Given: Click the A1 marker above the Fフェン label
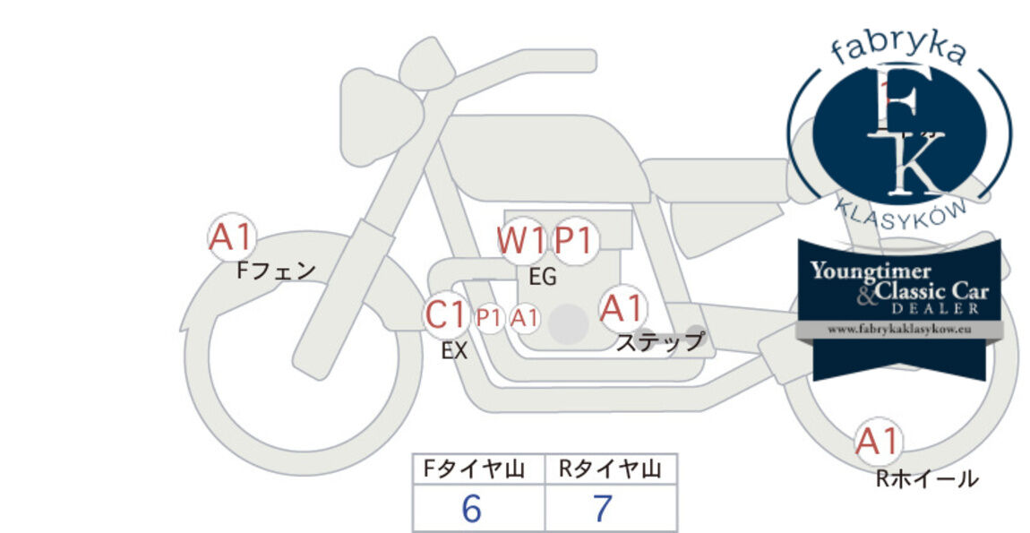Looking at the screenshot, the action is coord(230,237).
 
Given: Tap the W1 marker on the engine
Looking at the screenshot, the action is coord(521,241).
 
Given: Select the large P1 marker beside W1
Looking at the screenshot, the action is coord(574,241).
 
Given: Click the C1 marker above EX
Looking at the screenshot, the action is coord(446,314).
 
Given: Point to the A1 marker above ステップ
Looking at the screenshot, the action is coord(622,308).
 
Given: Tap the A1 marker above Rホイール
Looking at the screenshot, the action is coord(879,441).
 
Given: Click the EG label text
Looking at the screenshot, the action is coord(543,278).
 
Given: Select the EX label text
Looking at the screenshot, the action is coord(455,351).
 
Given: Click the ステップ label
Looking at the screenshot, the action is coord(659,342).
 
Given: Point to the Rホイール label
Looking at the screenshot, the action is coord(927,478).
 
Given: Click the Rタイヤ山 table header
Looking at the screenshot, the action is coord(611,469).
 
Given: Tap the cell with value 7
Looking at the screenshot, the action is coord(611,508).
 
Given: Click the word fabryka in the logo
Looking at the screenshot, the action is coord(898,50).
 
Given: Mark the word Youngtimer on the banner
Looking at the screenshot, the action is coord(871,271).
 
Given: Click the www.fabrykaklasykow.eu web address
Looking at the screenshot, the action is coord(899,330).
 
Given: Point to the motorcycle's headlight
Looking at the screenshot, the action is coord(379,116).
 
